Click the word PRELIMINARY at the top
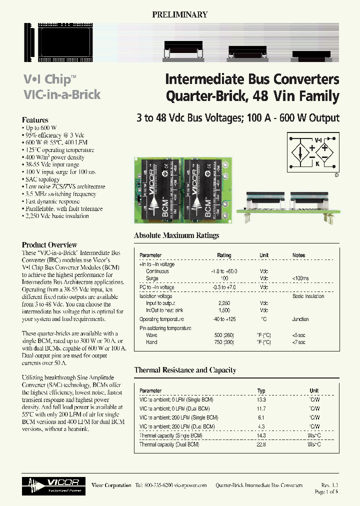[x=179, y=15]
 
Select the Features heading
[x=35, y=120]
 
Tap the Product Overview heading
[x=49, y=245]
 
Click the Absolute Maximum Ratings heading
[x=176, y=235]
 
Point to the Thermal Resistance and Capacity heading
[x=185, y=370]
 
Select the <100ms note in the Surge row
[x=301, y=278]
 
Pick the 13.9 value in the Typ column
[x=261, y=400]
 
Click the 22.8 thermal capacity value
[x=261, y=444]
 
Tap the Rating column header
[x=224, y=255]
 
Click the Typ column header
[x=261, y=391]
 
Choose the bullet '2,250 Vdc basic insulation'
[x=56, y=216]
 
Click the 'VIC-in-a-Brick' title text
[x=62, y=94]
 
